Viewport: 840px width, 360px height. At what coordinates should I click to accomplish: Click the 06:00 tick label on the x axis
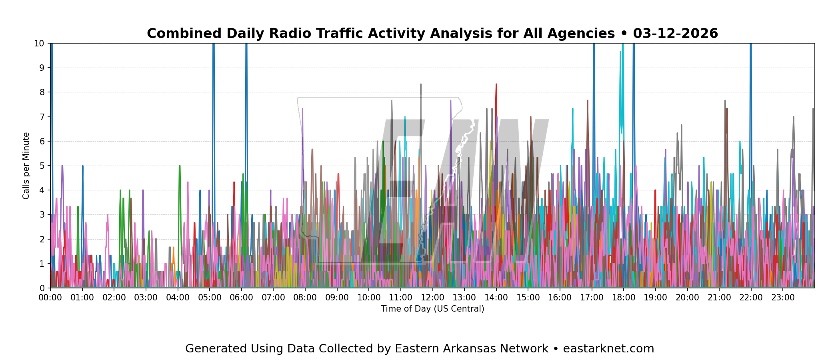pyautogui.click(x=241, y=298)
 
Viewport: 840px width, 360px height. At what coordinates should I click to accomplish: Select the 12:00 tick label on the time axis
pyautogui.click(x=432, y=298)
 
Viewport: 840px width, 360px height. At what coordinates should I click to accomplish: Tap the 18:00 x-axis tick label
pyautogui.click(x=624, y=298)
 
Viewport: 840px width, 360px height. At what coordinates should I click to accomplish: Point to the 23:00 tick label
pyautogui.click(x=783, y=298)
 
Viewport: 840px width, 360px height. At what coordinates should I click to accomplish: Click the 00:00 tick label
pyautogui.click(x=50, y=298)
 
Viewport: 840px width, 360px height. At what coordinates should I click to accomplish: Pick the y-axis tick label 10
pyautogui.click(x=39, y=43)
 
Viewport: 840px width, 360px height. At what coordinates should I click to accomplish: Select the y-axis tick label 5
pyautogui.click(x=42, y=166)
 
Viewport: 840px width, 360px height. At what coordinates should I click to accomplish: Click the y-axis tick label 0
pyautogui.click(x=42, y=288)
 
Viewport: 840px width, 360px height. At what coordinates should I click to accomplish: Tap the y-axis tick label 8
pyautogui.click(x=42, y=92)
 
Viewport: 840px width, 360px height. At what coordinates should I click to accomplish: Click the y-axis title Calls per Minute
pyautogui.click(x=26, y=166)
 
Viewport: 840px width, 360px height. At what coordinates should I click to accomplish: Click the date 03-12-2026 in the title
pyautogui.click(x=676, y=34)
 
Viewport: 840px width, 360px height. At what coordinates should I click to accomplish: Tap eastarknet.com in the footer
pyautogui.click(x=608, y=349)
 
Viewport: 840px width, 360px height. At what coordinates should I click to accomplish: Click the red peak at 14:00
pyautogui.click(x=496, y=84)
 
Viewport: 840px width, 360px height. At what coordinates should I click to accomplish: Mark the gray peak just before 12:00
pyautogui.click(x=421, y=84)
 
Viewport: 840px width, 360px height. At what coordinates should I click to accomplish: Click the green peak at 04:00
pyautogui.click(x=180, y=166)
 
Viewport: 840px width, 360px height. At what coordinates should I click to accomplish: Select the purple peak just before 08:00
pyautogui.click(x=302, y=109)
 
